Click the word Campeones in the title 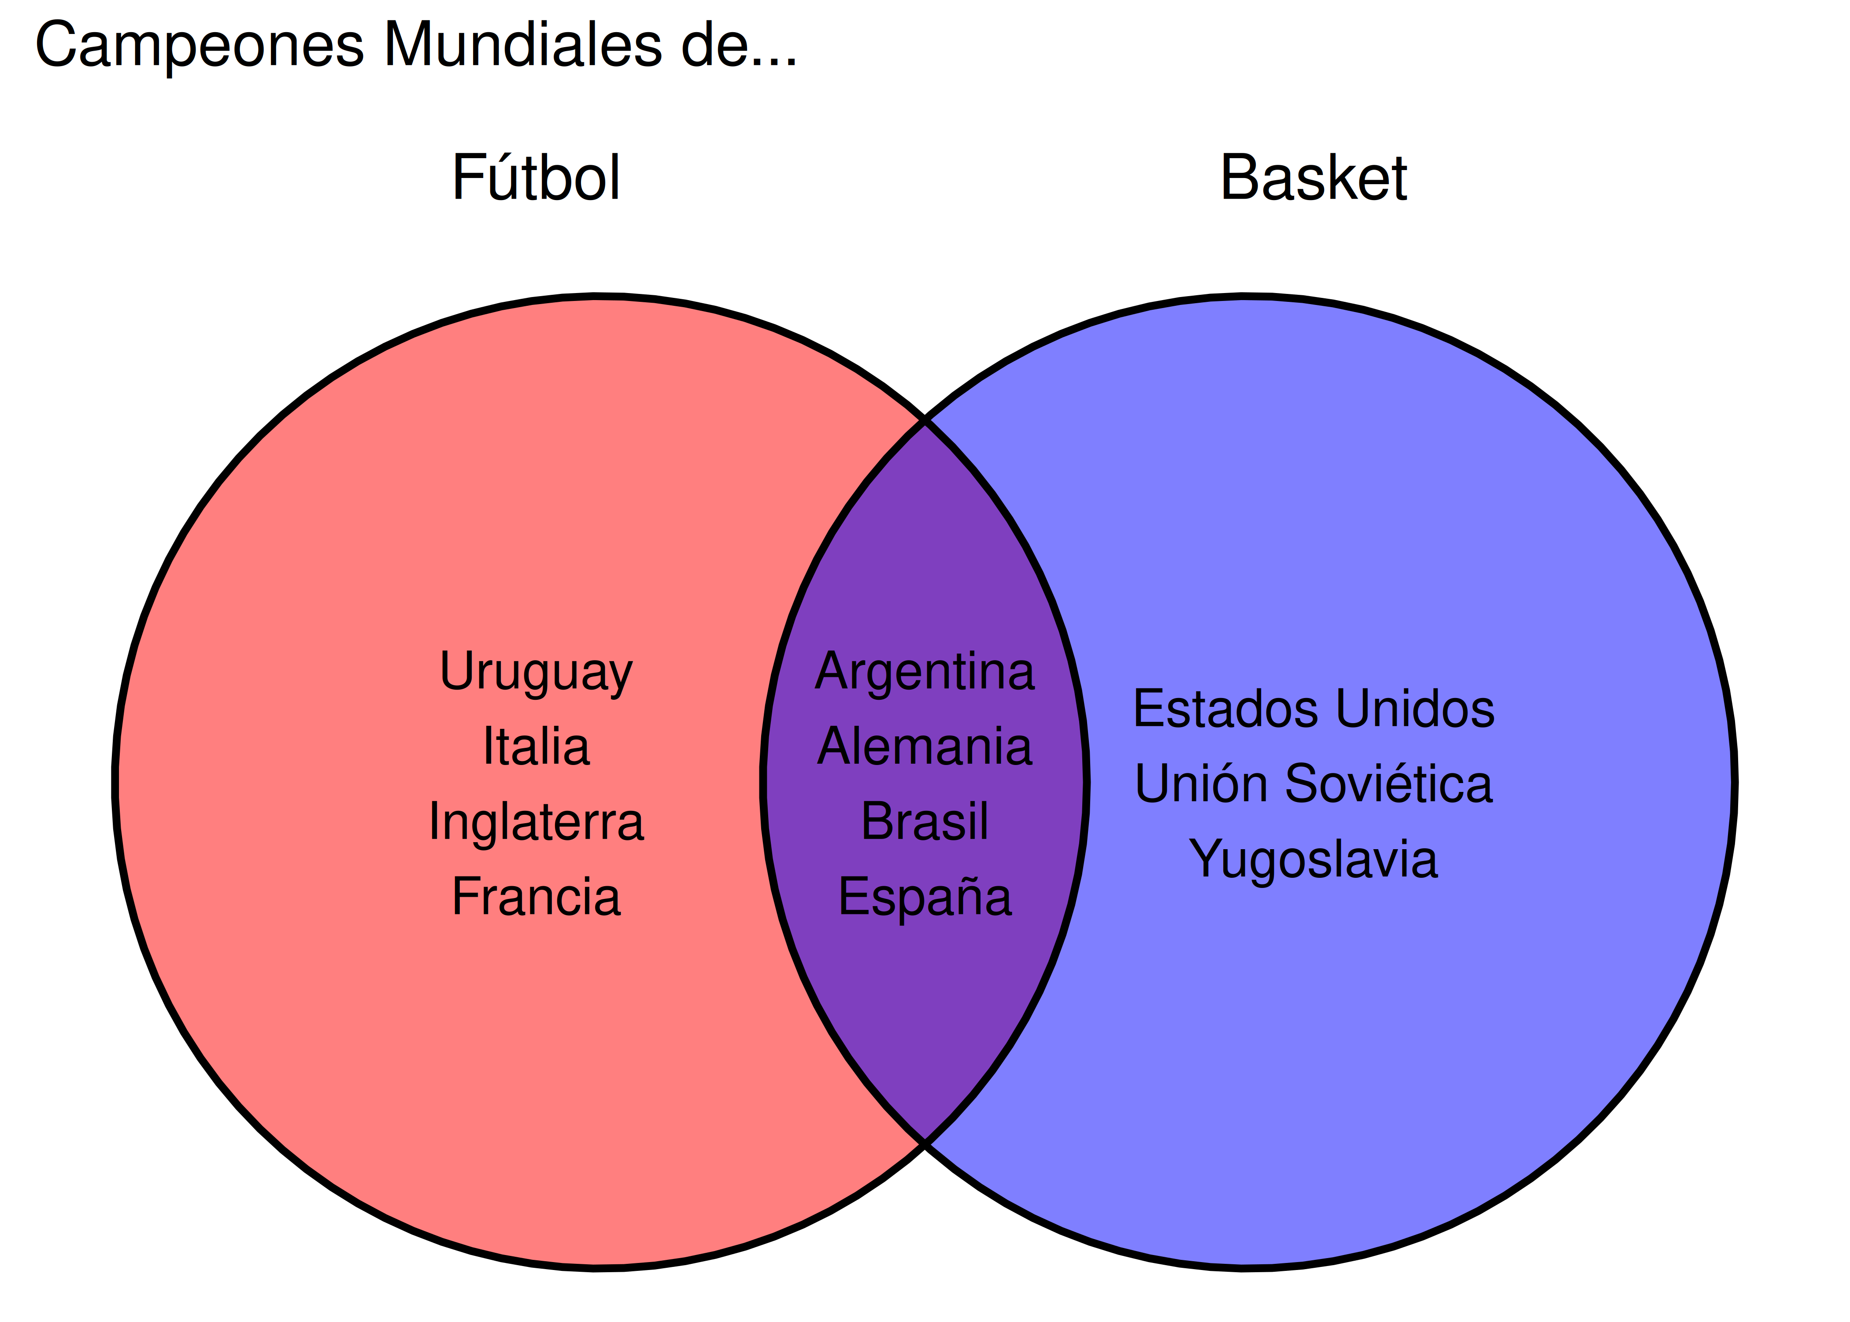(x=200, y=45)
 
